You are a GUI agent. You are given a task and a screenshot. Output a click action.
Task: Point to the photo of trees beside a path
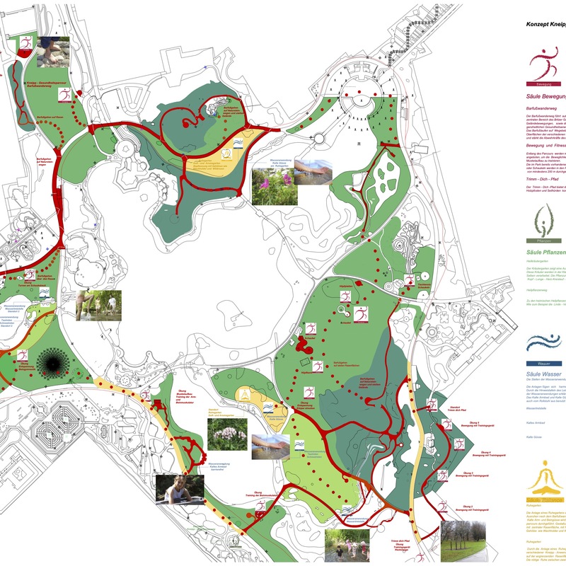[463, 541]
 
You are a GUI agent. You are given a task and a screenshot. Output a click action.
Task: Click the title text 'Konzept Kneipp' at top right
[545, 24]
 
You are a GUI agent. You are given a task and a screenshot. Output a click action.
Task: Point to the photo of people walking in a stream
[347, 545]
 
